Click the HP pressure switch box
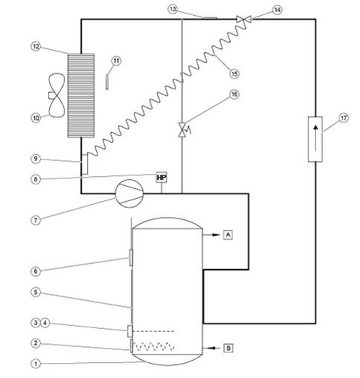coord(161,177)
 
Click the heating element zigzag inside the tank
coord(155,347)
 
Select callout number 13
coord(173,8)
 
